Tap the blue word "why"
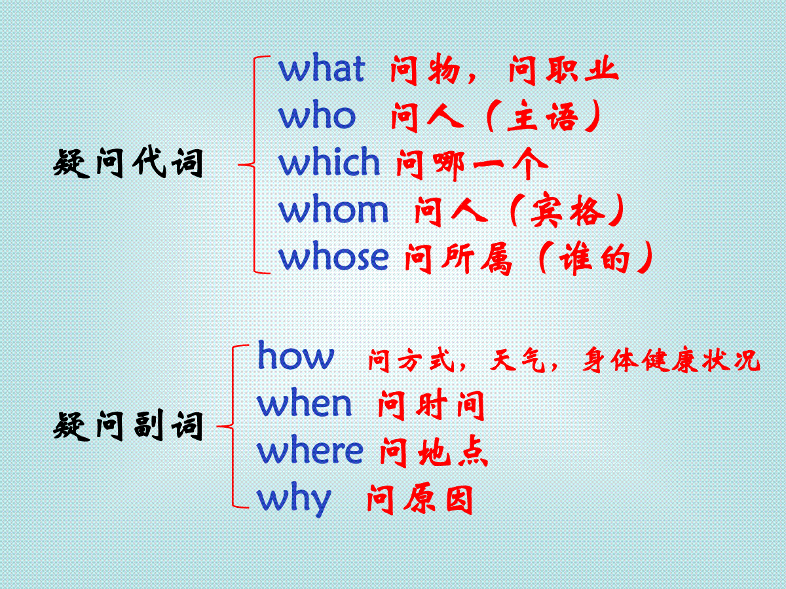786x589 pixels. click(x=294, y=499)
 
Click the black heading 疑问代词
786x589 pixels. click(x=128, y=163)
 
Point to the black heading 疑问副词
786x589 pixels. click(x=128, y=425)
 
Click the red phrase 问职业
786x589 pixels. click(x=563, y=71)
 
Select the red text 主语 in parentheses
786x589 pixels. click(x=543, y=116)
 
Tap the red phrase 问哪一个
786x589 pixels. click(x=472, y=164)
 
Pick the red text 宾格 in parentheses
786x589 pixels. click(x=568, y=210)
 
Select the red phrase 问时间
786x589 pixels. click(x=431, y=405)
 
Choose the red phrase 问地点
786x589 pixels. click(x=434, y=452)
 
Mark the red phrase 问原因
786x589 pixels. click(x=420, y=499)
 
